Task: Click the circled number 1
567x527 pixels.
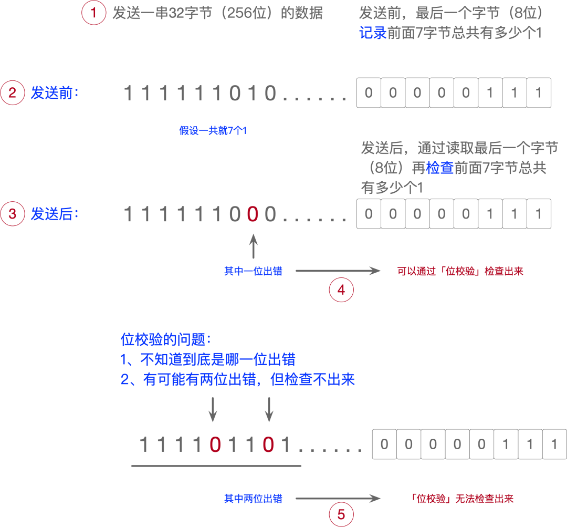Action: (94, 13)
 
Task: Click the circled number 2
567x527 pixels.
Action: (13, 93)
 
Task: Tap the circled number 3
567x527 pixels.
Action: (13, 214)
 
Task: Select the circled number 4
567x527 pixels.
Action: (341, 290)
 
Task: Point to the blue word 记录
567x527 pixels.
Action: (373, 33)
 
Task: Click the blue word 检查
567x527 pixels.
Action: (440, 168)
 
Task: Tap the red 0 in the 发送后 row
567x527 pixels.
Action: (253, 214)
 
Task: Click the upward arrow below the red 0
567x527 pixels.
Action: (254, 246)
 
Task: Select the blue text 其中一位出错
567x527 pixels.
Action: (253, 271)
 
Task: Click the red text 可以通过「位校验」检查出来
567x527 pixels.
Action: (460, 271)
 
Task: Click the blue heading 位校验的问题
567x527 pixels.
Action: (165, 340)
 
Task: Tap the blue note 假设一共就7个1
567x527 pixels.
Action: (213, 131)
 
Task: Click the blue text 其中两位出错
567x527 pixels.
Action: (253, 499)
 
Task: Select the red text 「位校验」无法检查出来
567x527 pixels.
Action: (462, 499)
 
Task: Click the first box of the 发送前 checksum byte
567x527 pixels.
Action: (369, 93)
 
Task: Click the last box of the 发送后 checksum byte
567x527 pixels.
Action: (538, 214)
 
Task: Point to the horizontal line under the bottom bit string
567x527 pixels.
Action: (216, 466)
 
